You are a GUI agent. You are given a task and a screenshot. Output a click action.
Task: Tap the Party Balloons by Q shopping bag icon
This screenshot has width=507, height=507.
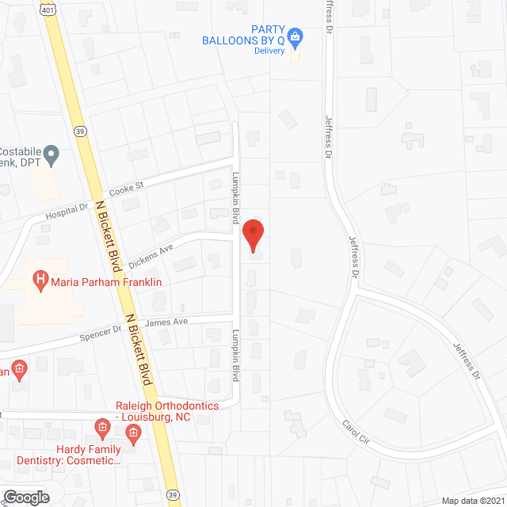[295, 36]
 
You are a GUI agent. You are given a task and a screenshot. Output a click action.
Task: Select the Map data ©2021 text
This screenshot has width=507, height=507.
[472, 501]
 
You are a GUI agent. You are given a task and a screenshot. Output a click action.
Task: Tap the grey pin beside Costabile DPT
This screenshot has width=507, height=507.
[51, 155]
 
